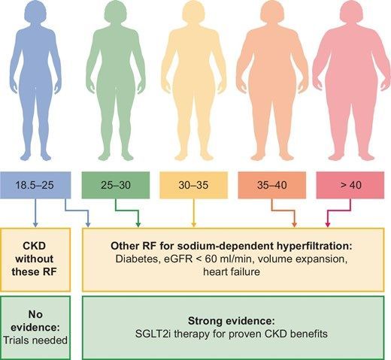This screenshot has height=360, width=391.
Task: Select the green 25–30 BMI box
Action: pyautogui.click(x=115, y=183)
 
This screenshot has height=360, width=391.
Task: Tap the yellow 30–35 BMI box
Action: pyautogui.click(x=194, y=183)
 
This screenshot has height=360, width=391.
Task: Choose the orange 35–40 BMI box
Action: pyautogui.click(x=272, y=183)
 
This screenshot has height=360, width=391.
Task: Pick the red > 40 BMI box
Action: pyautogui.click(x=350, y=183)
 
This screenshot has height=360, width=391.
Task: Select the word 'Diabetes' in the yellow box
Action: pyautogui.click(x=148, y=258)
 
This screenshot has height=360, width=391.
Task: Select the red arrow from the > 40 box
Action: pyautogui.click(x=327, y=214)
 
